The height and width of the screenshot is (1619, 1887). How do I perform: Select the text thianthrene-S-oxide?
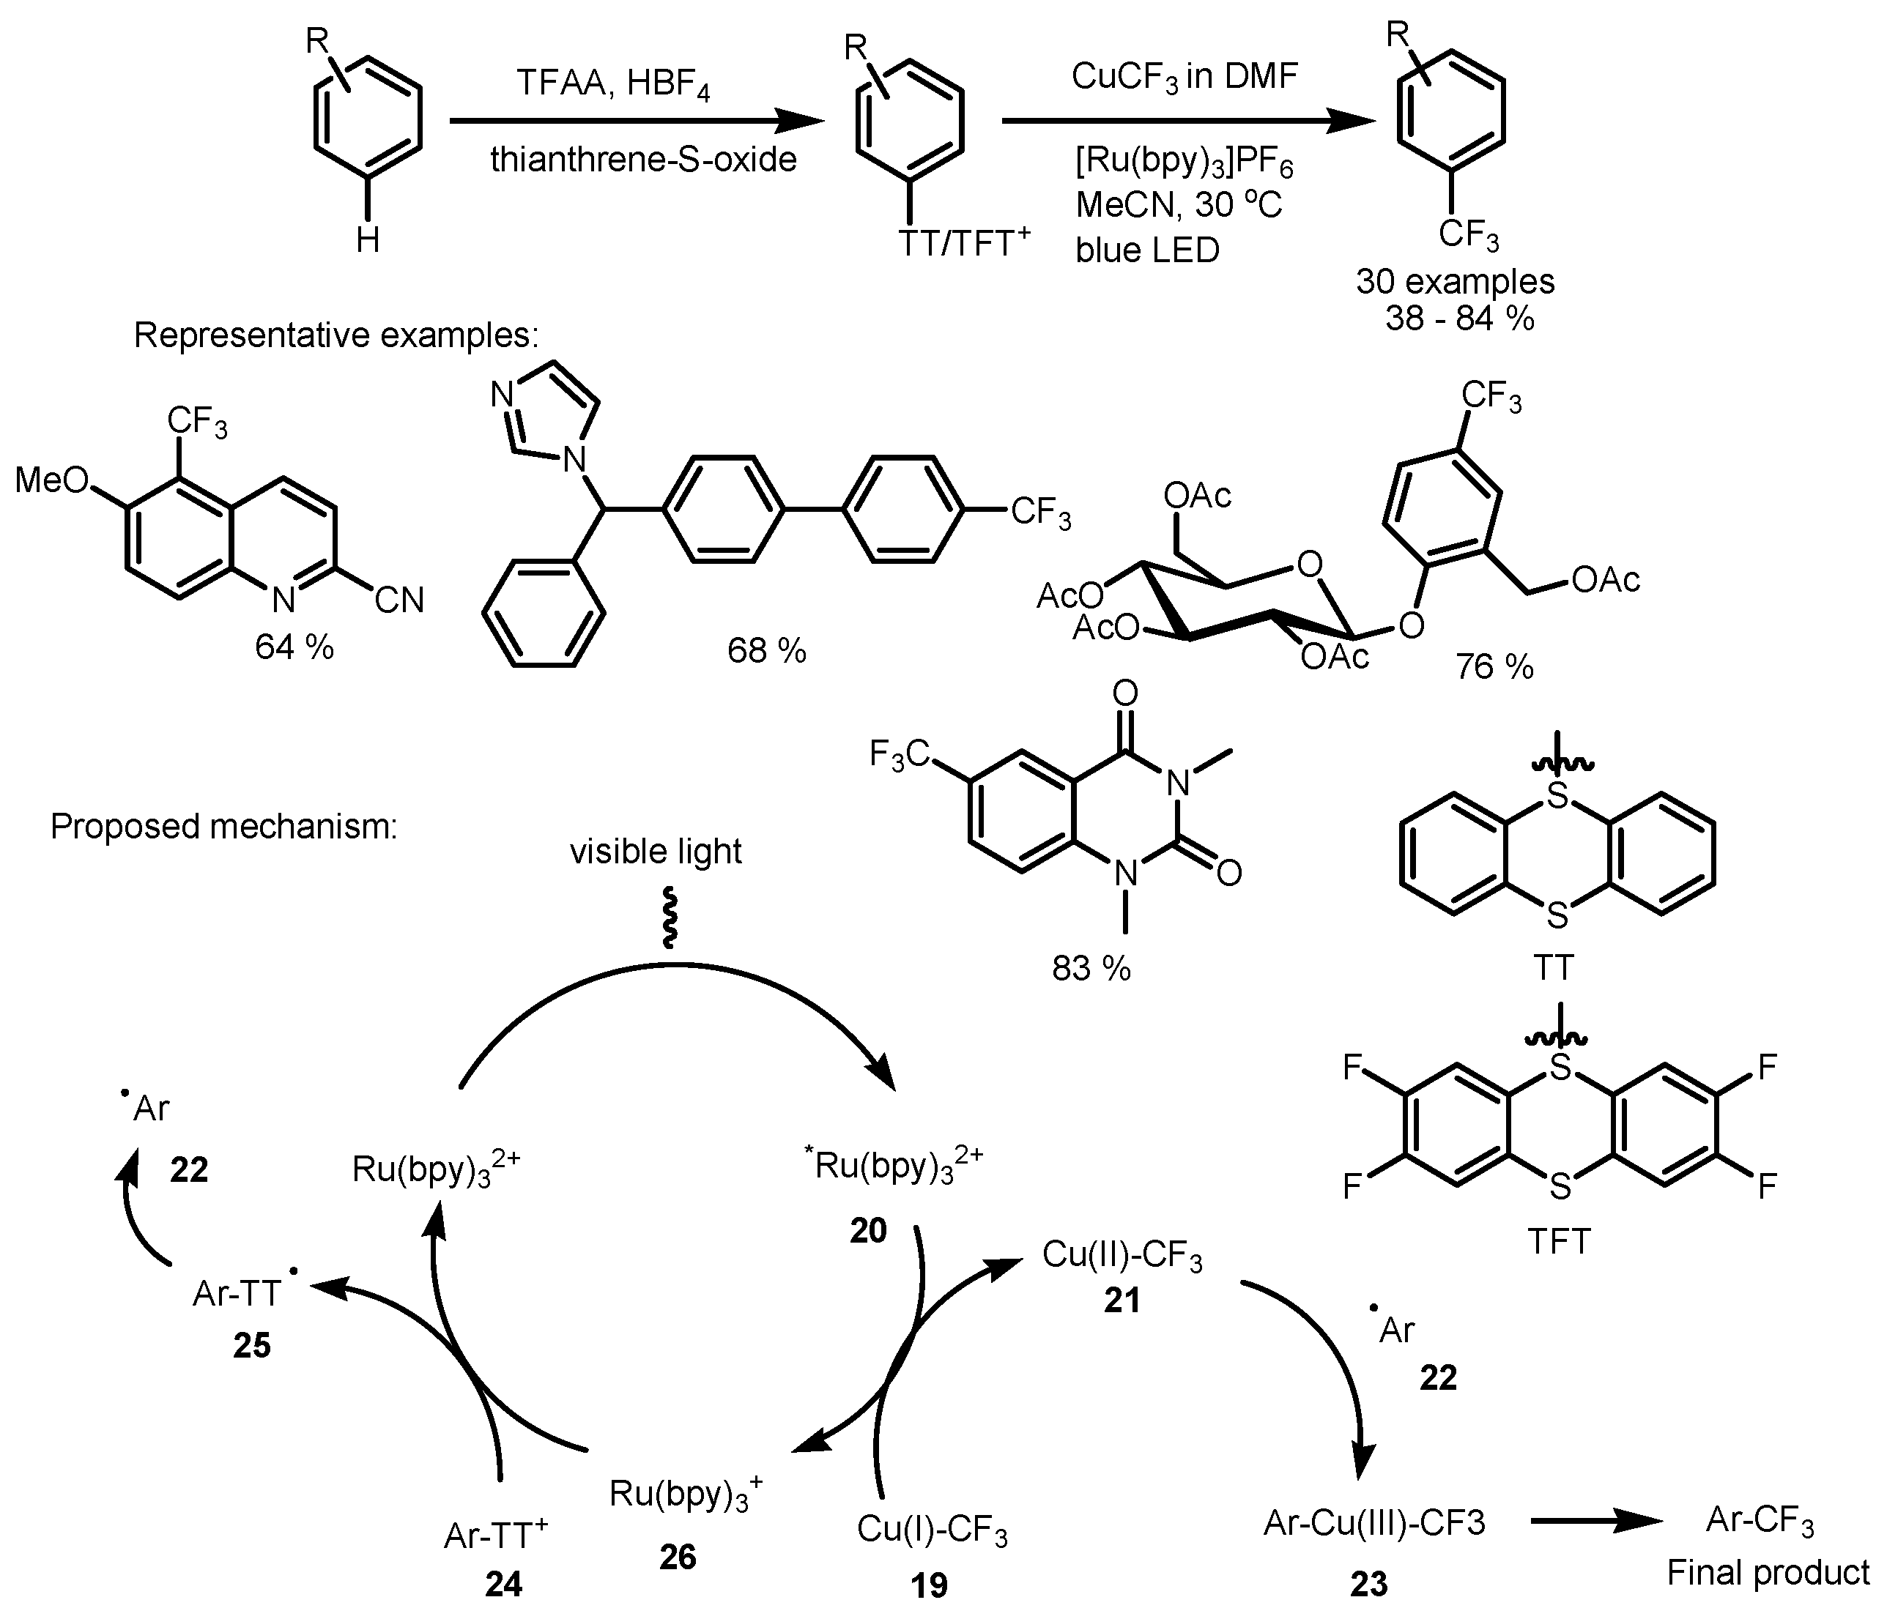(x=643, y=160)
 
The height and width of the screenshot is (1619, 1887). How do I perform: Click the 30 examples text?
(x=1456, y=280)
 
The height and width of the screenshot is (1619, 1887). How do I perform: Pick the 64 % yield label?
(x=294, y=647)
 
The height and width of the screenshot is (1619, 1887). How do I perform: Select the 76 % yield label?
(x=1494, y=668)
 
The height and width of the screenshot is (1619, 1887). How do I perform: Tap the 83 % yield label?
(x=1091, y=969)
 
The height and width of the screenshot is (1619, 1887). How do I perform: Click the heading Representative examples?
(x=336, y=335)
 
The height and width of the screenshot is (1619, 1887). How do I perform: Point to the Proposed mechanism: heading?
(x=224, y=826)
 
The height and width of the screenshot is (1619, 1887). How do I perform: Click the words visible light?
(x=656, y=852)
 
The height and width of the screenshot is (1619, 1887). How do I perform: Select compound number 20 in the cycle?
(x=867, y=1231)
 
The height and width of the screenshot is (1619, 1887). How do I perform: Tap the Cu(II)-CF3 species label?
(x=1122, y=1255)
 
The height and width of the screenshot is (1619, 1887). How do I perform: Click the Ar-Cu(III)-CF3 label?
(x=1374, y=1522)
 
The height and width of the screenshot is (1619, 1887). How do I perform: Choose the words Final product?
(x=1768, y=1573)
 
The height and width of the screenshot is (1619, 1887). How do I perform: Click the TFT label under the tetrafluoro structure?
(x=1559, y=1241)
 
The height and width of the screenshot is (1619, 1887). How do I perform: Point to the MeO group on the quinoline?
(x=53, y=480)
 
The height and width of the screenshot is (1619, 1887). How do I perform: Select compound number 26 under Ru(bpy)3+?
(x=678, y=1557)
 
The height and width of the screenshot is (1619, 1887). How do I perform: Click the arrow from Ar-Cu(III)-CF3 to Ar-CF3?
(x=1598, y=1522)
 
